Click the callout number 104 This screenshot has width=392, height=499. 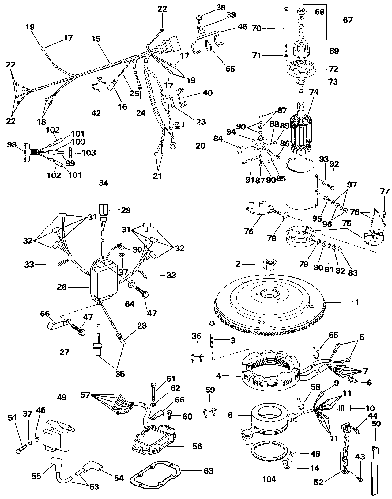[x=269, y=479]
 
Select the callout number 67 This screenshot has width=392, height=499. [x=348, y=20]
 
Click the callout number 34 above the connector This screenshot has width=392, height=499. [x=104, y=183]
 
